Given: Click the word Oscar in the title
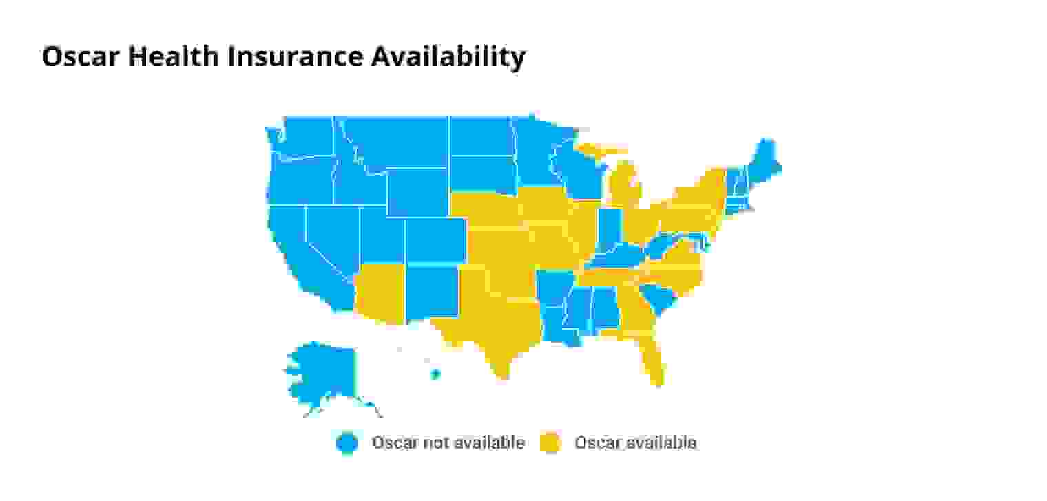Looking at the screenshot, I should click(x=81, y=56).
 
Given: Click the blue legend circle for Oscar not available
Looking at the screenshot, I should click(x=348, y=443).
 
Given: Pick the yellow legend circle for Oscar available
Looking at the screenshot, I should click(x=550, y=443).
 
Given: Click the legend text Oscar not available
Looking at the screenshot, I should click(x=448, y=443).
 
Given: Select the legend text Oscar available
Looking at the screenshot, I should click(x=635, y=443).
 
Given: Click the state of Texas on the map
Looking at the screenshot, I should click(x=499, y=323).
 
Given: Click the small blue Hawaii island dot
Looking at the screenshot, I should click(x=435, y=374).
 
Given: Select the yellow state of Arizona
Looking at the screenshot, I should click(x=378, y=292).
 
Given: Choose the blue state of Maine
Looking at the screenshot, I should click(x=765, y=162).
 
